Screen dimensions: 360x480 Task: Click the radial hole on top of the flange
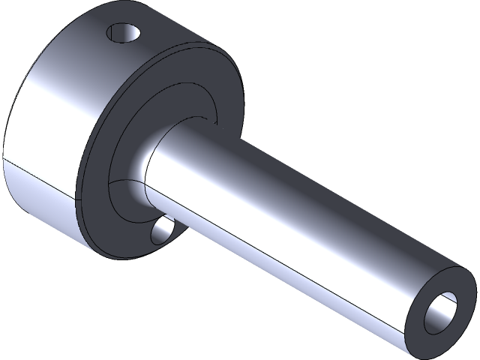pos(124,34)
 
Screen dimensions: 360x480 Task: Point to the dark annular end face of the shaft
pos(420,300)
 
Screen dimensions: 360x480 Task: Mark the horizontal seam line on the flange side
pos(37,172)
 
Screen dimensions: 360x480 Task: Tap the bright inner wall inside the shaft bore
pos(448,307)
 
